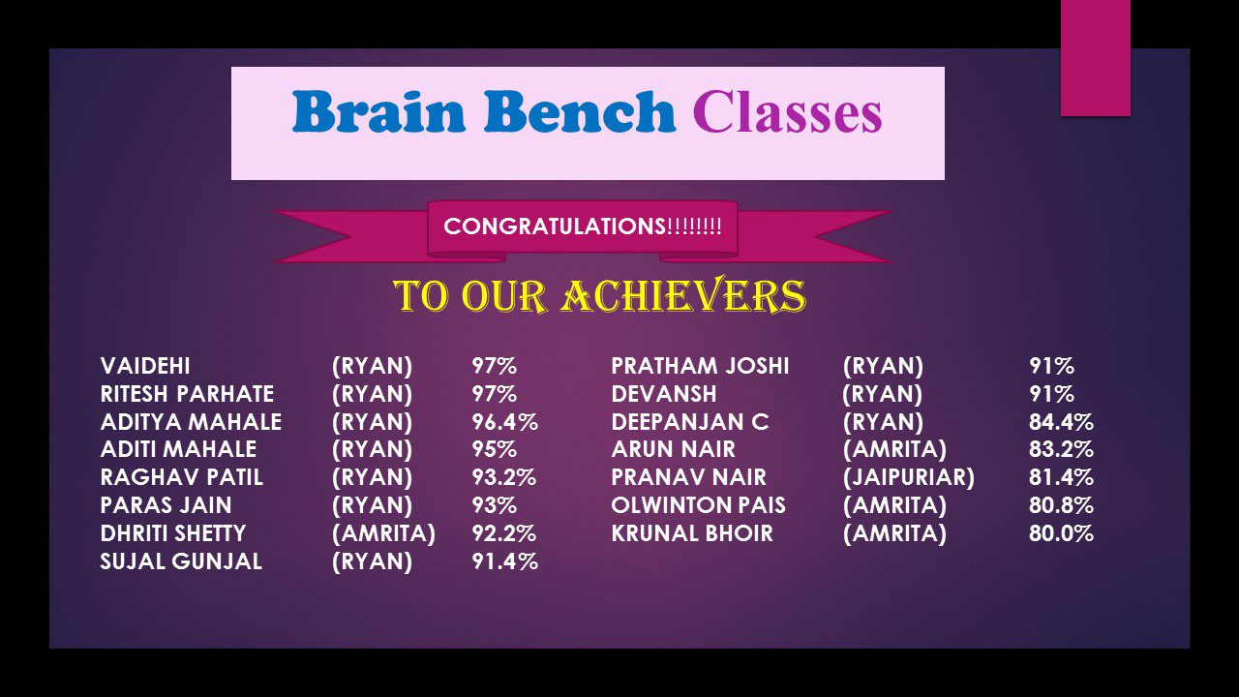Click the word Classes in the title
tap(787, 112)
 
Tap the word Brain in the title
tap(378, 111)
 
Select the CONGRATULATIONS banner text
tap(583, 227)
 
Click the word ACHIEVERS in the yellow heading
tap(683, 295)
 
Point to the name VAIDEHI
tap(145, 366)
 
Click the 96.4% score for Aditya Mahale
tap(504, 422)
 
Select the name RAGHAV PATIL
tap(181, 477)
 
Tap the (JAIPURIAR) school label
tap(908, 477)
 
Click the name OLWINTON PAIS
tap(698, 505)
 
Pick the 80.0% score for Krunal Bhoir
tap(1061, 533)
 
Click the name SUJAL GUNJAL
tap(181, 562)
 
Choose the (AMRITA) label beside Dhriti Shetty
tap(383, 533)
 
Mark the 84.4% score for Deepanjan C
tap(1061, 422)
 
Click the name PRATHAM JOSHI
tap(700, 366)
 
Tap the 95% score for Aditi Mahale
tap(494, 449)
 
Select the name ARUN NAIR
tap(673, 449)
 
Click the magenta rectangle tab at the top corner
tap(1095, 58)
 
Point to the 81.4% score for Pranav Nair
tap(1061, 477)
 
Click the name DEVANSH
tap(664, 394)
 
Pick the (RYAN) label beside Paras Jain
tap(372, 505)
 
